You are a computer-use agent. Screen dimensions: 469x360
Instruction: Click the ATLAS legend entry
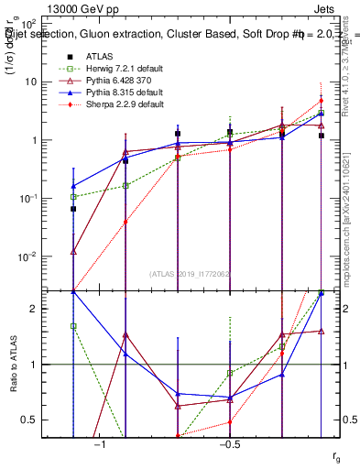pos(100,56)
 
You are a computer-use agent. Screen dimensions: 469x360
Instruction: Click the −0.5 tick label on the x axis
pos(229,443)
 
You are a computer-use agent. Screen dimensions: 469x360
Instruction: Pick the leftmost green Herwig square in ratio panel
pos(73,326)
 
